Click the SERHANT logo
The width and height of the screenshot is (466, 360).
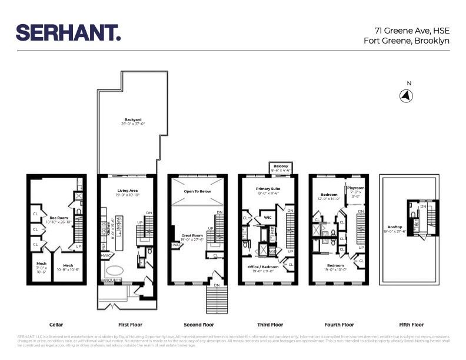[68, 32]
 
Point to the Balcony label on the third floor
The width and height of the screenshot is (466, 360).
[281, 166]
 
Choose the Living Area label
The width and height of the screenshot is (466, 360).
[128, 190]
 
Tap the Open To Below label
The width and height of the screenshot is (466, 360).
[197, 191]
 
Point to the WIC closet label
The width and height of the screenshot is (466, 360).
[267, 216]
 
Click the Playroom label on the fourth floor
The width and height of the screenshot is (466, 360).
[355, 188]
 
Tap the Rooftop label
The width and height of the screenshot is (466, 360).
[394, 227]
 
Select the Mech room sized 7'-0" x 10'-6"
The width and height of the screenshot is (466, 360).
[41, 265]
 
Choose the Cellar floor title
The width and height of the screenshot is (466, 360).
[56, 325]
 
